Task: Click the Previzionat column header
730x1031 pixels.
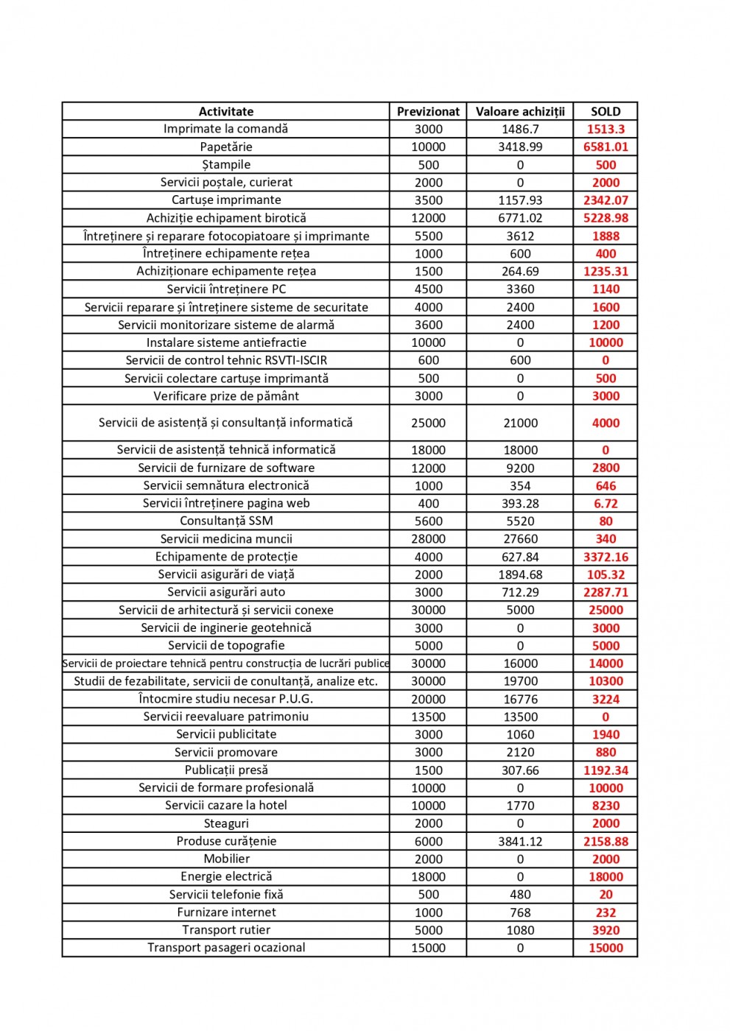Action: (x=428, y=111)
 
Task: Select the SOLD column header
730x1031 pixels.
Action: (x=606, y=111)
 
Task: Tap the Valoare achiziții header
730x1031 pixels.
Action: (x=520, y=111)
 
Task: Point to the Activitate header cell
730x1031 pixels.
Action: (x=226, y=111)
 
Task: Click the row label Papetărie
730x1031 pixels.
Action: (x=226, y=147)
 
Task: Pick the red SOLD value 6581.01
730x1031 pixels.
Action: (x=606, y=147)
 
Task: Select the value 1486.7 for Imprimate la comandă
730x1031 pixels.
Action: (x=520, y=129)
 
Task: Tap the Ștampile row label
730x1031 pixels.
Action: (x=226, y=164)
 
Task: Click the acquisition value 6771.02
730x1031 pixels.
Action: (x=520, y=218)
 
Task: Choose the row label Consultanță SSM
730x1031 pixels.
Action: (x=226, y=521)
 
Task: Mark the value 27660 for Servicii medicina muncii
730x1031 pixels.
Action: (x=520, y=539)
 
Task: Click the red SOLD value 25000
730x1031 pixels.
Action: (x=606, y=610)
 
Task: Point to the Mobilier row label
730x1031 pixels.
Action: (x=226, y=859)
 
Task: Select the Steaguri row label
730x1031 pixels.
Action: (x=226, y=823)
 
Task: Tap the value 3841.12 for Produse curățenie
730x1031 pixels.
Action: (x=520, y=841)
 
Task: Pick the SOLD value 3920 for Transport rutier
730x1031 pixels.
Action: (x=606, y=930)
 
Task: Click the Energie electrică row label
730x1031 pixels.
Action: (x=226, y=876)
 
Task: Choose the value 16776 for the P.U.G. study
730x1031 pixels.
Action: (x=520, y=699)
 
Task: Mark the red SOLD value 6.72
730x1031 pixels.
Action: (x=606, y=504)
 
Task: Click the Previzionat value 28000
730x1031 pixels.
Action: (x=428, y=539)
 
